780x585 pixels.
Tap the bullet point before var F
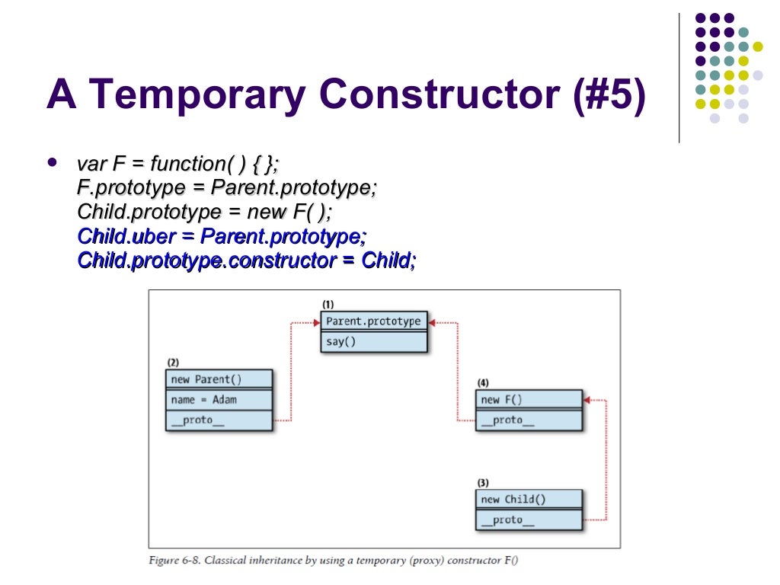[x=52, y=162]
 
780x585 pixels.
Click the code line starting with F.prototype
[x=227, y=187]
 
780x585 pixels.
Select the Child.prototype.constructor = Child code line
[x=247, y=261]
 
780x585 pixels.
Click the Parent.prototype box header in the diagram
[x=373, y=321]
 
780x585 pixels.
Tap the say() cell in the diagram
[x=373, y=341]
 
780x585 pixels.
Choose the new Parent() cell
[x=219, y=379]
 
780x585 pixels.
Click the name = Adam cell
[x=219, y=399]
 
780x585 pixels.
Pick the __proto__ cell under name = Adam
[x=219, y=420]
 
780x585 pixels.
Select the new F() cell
[x=529, y=399]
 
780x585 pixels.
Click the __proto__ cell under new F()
[x=529, y=420]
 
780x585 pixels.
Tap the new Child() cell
[x=529, y=500]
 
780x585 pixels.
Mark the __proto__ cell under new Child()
[x=529, y=520]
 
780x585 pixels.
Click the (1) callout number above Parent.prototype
[x=328, y=305]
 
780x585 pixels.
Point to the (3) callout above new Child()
[x=483, y=483]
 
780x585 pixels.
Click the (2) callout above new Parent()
[x=173, y=363]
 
